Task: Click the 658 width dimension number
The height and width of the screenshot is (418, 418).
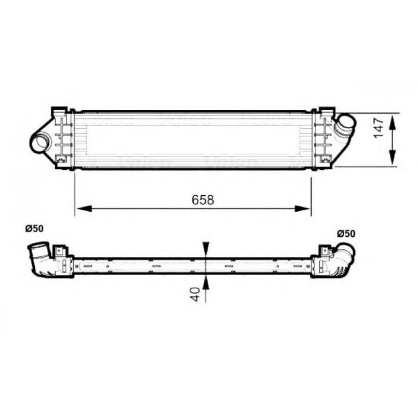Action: point(203,200)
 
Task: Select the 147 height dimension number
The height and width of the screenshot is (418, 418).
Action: point(379,128)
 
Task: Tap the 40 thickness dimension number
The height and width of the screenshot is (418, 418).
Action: point(196,294)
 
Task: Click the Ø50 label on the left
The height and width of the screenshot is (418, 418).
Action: point(34,228)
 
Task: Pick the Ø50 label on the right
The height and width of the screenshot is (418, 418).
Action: point(346,234)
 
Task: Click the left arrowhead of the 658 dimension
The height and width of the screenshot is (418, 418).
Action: point(84,209)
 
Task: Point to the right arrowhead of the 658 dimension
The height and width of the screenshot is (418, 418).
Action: point(303,209)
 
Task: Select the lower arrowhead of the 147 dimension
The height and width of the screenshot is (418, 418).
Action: point(392,157)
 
